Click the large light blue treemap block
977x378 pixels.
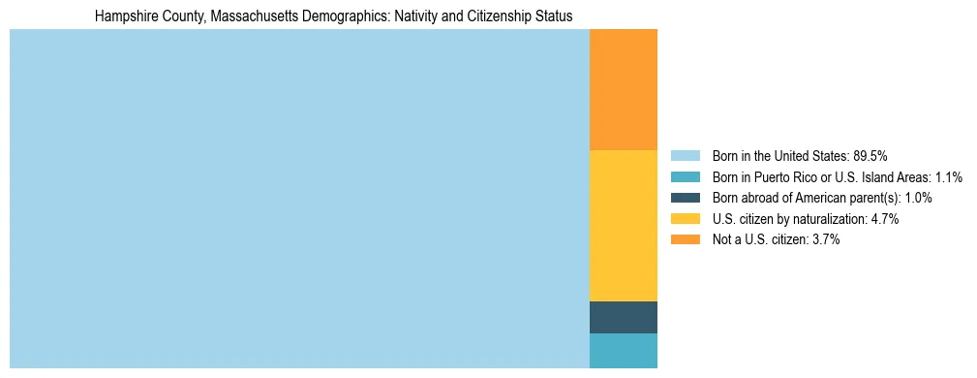[299, 199]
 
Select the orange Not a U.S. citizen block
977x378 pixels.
[623, 89]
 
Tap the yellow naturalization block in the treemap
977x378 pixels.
[623, 226]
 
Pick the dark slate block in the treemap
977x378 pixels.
[623, 317]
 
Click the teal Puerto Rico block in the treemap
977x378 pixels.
[623, 351]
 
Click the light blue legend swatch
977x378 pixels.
[685, 155]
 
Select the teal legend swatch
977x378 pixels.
[685, 176]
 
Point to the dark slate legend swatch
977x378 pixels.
[685, 198]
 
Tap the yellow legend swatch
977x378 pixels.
[685, 219]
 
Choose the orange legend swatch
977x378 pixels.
[685, 240]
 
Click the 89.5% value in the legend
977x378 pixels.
[870, 155]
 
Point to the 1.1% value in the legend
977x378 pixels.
[948, 176]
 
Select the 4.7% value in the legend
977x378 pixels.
[884, 219]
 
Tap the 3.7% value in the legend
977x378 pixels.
[825, 240]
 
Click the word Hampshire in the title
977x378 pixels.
[125, 16]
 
